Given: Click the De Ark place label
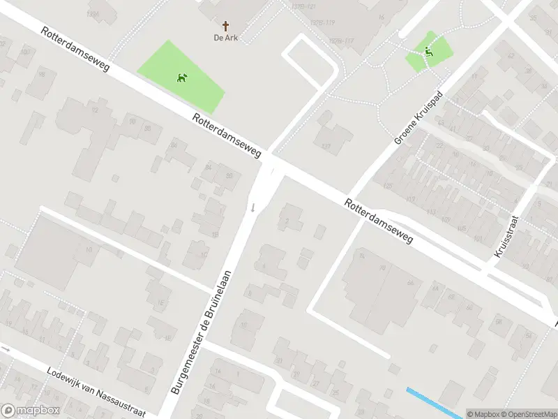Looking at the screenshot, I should pos(225,38).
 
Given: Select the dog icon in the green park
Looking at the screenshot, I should pos(182,78).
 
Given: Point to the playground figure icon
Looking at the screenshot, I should pos(428,50).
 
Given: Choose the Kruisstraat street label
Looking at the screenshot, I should pos(508,236).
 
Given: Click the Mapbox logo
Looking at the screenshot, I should pos(30,411).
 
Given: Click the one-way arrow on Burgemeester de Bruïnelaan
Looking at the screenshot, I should pos(252,207).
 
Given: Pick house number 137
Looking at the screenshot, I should pos(325,146).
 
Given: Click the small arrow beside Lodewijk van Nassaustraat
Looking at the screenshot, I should pos(5,348).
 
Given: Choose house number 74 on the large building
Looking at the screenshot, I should pos(361,256).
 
